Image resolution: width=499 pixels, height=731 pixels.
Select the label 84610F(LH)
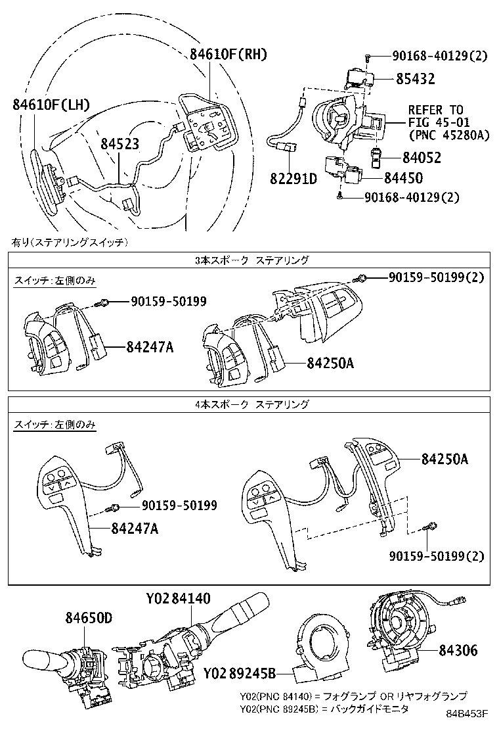tap(51, 105)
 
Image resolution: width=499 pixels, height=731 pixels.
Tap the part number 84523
tap(119, 143)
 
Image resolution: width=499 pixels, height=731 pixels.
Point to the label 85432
tap(415, 79)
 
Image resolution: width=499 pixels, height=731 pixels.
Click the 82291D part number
tap(293, 178)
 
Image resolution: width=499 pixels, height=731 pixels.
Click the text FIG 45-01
tap(435, 122)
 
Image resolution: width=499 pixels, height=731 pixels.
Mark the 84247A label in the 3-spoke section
tap(141, 346)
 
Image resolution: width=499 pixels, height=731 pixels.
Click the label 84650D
tap(89, 618)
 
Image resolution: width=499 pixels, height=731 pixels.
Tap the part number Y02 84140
tap(179, 599)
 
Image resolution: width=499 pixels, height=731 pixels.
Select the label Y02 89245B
tap(239, 673)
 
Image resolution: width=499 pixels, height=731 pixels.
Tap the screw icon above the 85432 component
tap(370, 57)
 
